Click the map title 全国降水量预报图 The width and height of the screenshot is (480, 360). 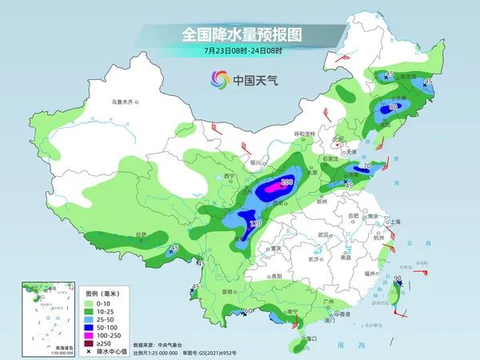pyautogui.click(x=240, y=35)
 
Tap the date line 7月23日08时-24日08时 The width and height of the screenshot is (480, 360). pyautogui.click(x=240, y=52)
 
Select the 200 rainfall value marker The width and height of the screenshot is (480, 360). pyautogui.click(x=286, y=183)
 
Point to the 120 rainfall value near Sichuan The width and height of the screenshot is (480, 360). pyautogui.click(x=255, y=224)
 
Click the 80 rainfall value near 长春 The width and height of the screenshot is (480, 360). pyautogui.click(x=393, y=106)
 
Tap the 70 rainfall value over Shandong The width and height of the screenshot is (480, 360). pyautogui.click(x=366, y=166)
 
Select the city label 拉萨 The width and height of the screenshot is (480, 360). pyautogui.click(x=142, y=234)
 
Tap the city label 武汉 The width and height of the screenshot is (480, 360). pyautogui.click(x=322, y=234)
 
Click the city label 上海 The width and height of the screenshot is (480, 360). pyautogui.click(x=392, y=222)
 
